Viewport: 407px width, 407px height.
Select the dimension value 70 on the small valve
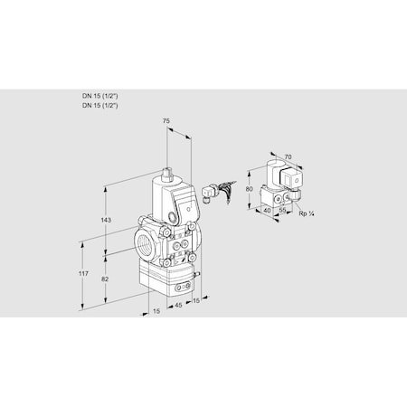click(x=288, y=157)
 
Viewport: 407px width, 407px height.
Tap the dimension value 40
click(x=267, y=211)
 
